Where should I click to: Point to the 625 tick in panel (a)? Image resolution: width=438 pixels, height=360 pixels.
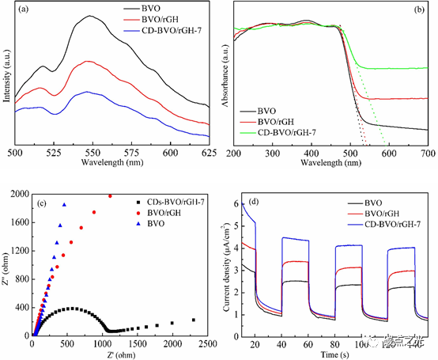209,151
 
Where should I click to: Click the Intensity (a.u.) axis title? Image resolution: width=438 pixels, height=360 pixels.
8,76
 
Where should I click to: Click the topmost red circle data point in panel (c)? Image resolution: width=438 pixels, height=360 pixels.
111,195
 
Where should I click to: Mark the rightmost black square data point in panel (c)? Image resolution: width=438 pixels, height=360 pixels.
193,320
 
